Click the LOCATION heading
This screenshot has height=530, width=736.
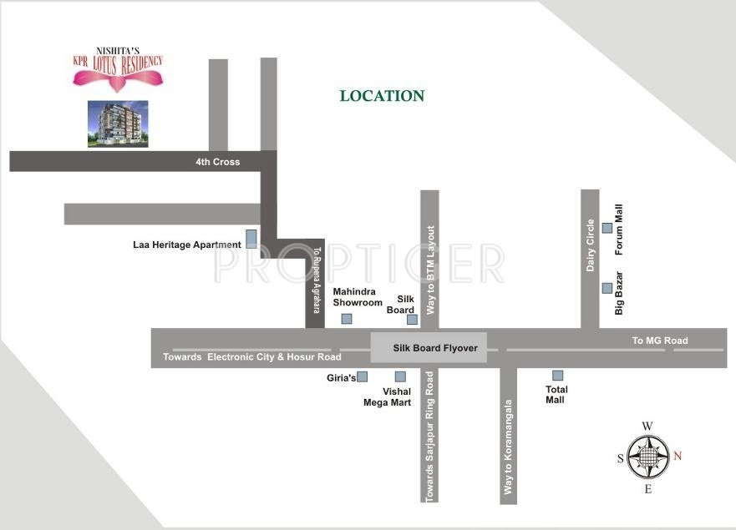(382, 96)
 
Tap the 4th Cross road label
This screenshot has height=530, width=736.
(217, 161)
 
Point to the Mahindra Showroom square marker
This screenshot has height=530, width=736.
(347, 319)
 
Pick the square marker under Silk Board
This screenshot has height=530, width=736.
(411, 319)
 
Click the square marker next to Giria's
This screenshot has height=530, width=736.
(363, 376)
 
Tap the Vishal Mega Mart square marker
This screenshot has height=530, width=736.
(400, 376)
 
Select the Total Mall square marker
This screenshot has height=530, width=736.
(557, 376)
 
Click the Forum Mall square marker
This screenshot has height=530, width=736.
(607, 227)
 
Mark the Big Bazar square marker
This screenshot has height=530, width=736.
(607, 288)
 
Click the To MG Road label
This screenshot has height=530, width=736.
(660, 341)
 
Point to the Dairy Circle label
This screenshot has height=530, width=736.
(591, 245)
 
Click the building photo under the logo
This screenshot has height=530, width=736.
(118, 124)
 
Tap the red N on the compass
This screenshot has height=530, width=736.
(678, 456)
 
